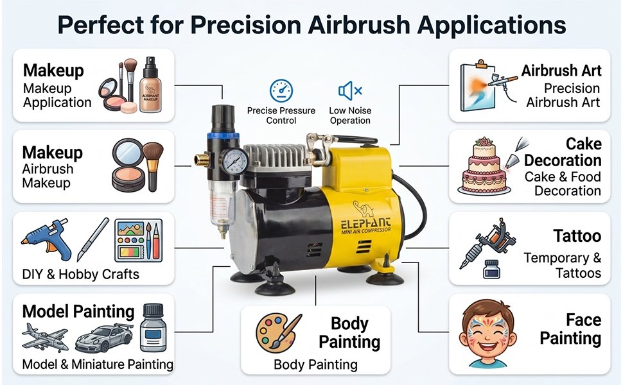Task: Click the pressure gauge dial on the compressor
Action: pos(234,161)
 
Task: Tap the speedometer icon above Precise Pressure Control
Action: pos(281,91)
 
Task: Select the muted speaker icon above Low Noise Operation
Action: pos(349,91)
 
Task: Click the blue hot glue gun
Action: pos(47,239)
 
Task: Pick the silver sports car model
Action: pos(103,338)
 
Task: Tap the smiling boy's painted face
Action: pos(487,334)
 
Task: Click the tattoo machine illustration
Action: pos(487,243)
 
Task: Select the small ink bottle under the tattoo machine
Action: pos(491,269)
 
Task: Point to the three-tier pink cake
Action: pos(484,166)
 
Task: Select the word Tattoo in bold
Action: pos(577,236)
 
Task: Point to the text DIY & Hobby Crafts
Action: pos(81,274)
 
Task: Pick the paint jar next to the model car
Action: pos(153,328)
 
